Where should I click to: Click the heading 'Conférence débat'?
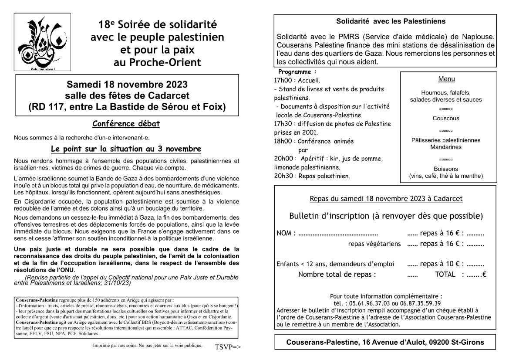pyautogui.click(x=126, y=124)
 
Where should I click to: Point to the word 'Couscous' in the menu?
pyautogui.click(x=446, y=118)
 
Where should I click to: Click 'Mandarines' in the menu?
pyautogui.click(x=446, y=147)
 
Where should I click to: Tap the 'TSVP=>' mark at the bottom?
pyautogui.click(x=227, y=347)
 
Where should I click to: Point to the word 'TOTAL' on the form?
pyautogui.click(x=445, y=275)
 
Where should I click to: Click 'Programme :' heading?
pyautogui.click(x=297, y=72)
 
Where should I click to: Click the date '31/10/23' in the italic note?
pyautogui.click(x=118, y=283)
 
